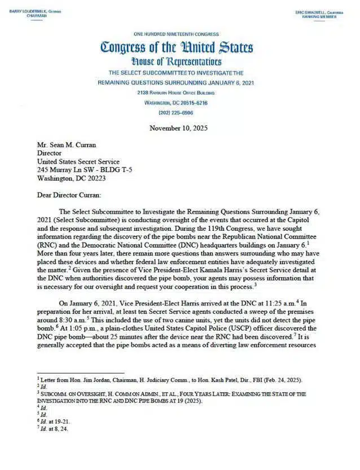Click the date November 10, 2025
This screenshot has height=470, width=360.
pos(179,128)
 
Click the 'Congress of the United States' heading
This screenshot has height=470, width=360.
pos(177,48)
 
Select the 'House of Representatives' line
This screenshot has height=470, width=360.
pos(177,62)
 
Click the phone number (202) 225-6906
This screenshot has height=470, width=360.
pos(175,113)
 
